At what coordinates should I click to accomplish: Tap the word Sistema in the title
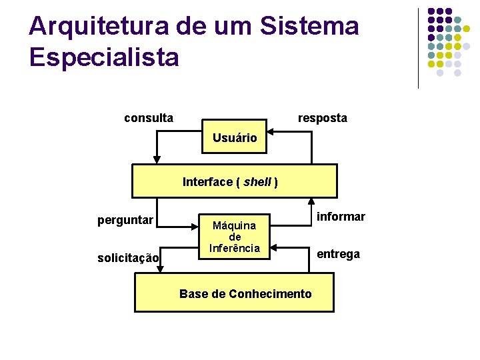[311, 27]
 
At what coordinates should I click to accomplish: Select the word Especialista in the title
[104, 57]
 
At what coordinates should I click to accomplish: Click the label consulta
[149, 119]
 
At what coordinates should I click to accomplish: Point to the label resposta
[322, 119]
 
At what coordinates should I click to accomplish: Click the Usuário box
[235, 138]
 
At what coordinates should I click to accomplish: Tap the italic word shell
[257, 182]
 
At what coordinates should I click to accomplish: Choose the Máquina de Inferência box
[235, 237]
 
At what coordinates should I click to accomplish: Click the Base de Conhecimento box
[235, 293]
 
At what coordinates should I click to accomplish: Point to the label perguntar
[125, 220]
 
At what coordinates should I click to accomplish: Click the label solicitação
[128, 258]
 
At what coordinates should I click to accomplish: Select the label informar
[341, 217]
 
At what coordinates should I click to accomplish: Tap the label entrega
[338, 254]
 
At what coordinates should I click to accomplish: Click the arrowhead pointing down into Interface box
[157, 159]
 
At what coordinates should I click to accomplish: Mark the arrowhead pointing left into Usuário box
[272, 132]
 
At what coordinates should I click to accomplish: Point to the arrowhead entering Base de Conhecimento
[159, 268]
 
